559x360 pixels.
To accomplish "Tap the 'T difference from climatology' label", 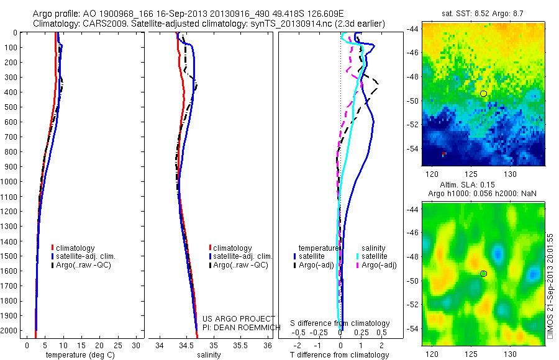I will click(340, 355).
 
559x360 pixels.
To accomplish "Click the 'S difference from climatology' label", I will click(340, 323).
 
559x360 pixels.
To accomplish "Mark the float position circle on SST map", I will click(483, 94).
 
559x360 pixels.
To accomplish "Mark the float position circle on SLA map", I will click(483, 274).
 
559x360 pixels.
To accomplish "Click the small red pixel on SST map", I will click(443, 153).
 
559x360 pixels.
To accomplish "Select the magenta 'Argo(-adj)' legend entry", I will click(376, 265).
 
